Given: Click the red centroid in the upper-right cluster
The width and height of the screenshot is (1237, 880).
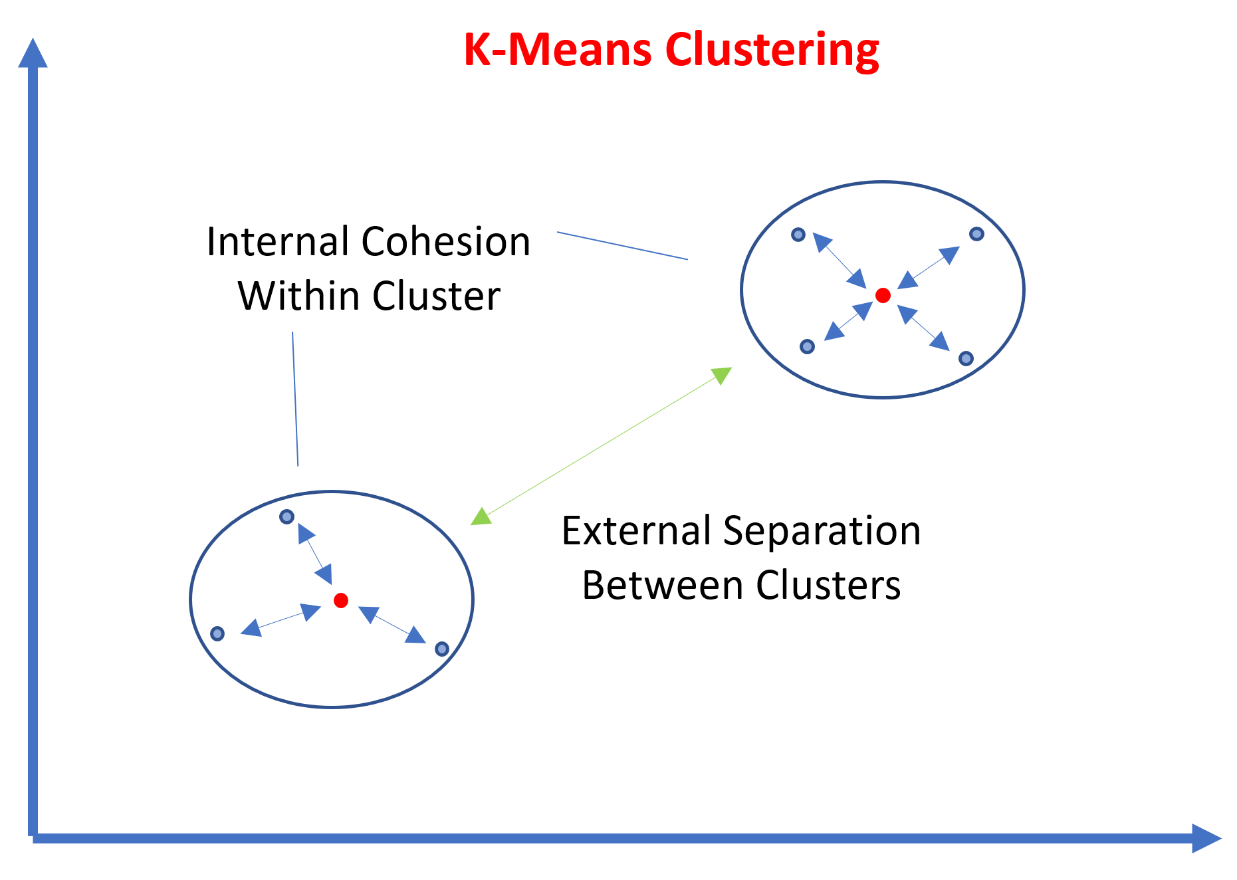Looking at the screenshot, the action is point(883,296).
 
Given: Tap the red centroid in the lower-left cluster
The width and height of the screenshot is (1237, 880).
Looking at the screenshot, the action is point(341,601).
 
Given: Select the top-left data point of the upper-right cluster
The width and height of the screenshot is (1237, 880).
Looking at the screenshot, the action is point(798,235).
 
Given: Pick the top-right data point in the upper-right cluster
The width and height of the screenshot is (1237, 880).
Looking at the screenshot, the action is point(976,234).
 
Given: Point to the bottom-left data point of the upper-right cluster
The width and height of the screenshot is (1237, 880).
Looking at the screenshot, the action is point(807,346).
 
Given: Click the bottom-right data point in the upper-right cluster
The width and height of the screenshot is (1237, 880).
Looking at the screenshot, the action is point(966,359).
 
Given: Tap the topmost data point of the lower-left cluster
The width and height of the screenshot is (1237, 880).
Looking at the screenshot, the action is point(286,516).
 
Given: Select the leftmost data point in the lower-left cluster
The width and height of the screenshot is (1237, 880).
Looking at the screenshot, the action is point(217,634).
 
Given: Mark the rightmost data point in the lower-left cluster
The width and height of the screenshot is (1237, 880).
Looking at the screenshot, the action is point(441,649).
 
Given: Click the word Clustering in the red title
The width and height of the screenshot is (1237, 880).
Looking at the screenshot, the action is point(772,51).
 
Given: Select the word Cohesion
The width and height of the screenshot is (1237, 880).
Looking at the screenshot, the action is point(446,241).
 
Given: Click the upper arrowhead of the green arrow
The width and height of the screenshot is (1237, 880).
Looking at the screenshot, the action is point(722,375).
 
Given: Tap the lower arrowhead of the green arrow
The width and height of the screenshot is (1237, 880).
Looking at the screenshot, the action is point(481,516).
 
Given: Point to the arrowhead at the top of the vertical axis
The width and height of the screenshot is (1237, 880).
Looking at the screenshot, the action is point(33,53).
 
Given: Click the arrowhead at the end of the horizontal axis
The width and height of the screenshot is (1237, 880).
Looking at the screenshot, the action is point(1206,838).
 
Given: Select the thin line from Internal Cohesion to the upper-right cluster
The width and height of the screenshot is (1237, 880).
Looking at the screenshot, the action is point(622,246).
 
